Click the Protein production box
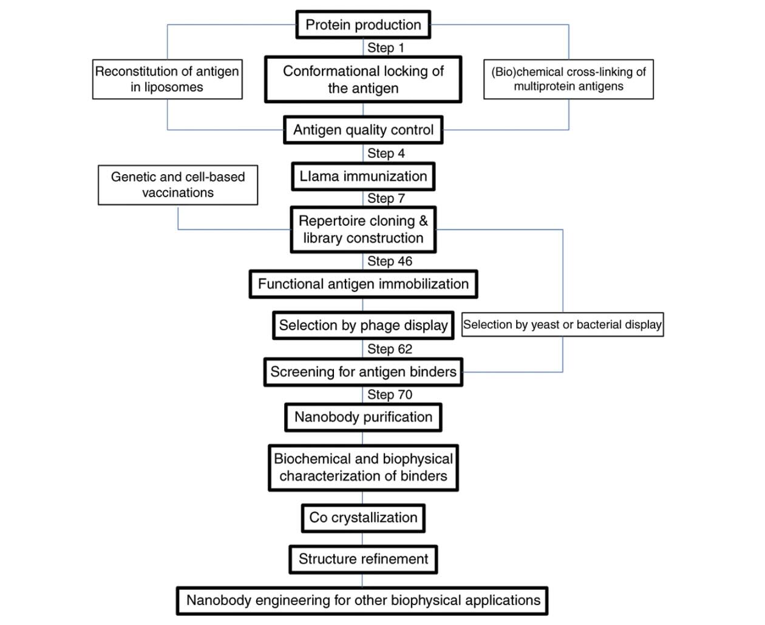point(363,25)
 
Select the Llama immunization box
point(363,177)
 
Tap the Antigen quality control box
point(363,130)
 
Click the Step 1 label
point(386,47)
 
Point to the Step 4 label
point(386,154)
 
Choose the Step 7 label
point(386,198)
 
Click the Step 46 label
point(390,261)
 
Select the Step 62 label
point(390,349)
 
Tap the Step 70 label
point(390,394)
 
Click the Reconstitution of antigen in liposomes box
point(167,79)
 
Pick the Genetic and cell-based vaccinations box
point(178,185)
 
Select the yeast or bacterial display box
point(562,325)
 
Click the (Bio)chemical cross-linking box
point(568,79)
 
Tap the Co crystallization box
point(363,518)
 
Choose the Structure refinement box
point(363,559)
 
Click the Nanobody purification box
point(363,417)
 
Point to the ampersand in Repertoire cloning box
point(423,221)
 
